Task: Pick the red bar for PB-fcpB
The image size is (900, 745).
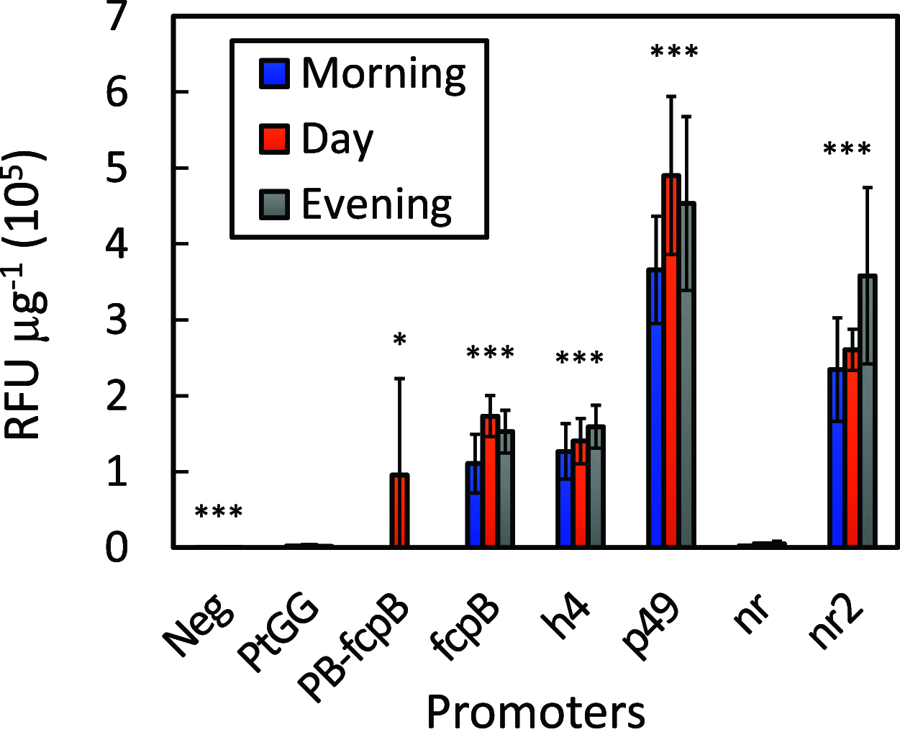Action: (399, 511)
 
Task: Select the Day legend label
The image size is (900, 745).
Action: (337, 139)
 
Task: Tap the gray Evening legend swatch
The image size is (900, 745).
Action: (274, 205)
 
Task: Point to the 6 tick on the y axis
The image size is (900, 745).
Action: (117, 92)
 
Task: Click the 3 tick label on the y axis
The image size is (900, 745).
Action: (117, 320)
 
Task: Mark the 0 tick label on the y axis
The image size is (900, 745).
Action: (117, 548)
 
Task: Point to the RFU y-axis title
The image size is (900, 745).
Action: (25, 295)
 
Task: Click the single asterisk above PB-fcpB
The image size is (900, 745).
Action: (400, 340)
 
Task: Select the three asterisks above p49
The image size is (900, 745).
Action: (674, 52)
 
